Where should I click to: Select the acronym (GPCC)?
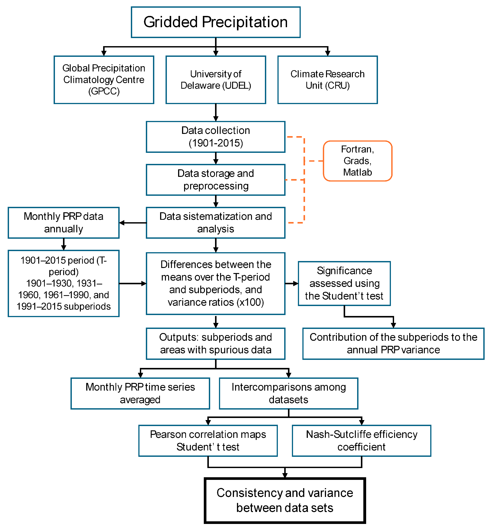pyautogui.click(x=104, y=91)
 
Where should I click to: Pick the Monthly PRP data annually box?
pyautogui.click(x=64, y=223)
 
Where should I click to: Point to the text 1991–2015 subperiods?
pyautogui.click(x=64, y=306)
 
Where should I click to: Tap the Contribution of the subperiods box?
pyautogui.click(x=393, y=343)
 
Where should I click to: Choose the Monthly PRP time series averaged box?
pyautogui.click(x=140, y=393)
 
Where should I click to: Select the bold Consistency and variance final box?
pyautogui.click(x=285, y=500)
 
